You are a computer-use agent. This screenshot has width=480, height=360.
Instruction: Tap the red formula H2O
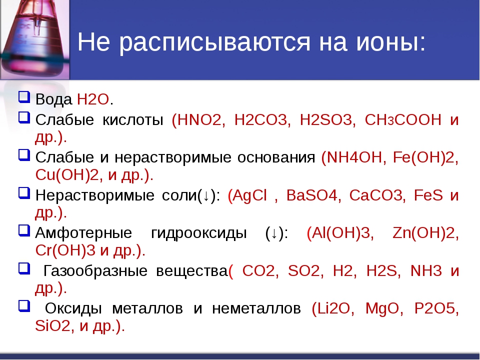93,99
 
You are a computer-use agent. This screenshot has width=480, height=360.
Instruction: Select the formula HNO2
199,119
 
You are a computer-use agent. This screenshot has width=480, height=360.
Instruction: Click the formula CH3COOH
403,119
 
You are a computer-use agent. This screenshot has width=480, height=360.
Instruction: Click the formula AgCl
250,195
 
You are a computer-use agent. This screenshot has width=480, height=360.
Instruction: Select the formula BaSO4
311,195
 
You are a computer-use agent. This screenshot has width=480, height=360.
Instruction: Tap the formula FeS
428,195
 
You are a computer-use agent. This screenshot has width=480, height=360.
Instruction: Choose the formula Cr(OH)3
65,250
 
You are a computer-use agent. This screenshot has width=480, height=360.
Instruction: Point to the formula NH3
426,270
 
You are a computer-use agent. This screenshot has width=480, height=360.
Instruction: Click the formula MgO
382,308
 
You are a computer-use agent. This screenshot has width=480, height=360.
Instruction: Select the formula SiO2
52,325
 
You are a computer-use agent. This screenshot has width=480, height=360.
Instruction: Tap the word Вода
54,99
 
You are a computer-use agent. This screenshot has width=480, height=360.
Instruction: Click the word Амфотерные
83,232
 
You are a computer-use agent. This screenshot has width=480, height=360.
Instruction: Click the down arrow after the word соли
206,196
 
